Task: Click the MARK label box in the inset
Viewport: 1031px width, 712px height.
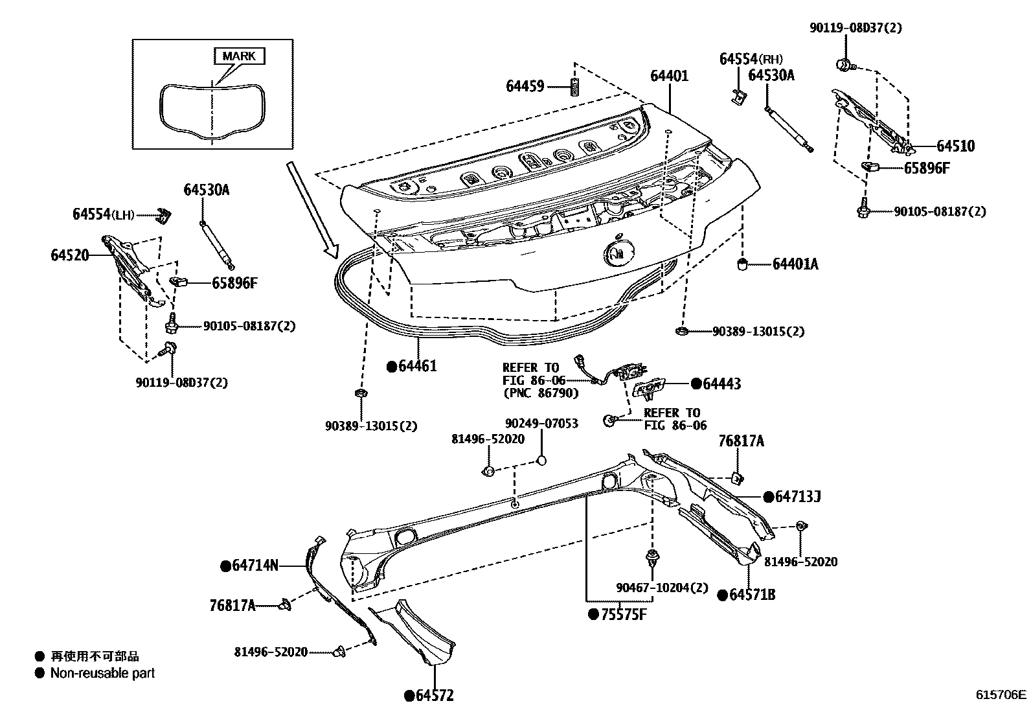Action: click(x=239, y=56)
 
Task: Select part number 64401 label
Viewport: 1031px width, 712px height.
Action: click(x=669, y=76)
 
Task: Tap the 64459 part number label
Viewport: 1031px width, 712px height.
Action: click(x=525, y=86)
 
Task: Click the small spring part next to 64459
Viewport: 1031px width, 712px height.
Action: click(x=574, y=86)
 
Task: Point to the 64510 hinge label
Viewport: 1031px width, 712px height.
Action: click(x=955, y=146)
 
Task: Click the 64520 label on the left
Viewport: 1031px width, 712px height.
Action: click(x=70, y=255)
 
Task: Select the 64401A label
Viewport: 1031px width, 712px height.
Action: click(x=795, y=264)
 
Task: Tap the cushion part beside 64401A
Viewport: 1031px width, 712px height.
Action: click(x=744, y=263)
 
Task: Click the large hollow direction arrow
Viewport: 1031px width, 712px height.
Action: click(x=312, y=211)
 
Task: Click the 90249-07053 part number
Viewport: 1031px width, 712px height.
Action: click(x=541, y=424)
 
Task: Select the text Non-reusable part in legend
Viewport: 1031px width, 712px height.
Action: click(x=103, y=674)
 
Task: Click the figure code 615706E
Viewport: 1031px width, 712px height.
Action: click(x=1001, y=695)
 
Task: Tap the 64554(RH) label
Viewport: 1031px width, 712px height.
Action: click(x=747, y=59)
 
